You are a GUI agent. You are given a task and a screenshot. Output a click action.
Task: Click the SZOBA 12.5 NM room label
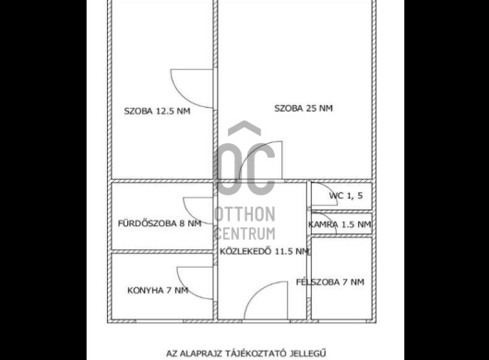tap(157, 111)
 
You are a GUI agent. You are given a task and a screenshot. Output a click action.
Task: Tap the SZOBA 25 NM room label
tap(304, 108)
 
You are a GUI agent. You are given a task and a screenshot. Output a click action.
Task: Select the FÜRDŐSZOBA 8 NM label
tap(160, 223)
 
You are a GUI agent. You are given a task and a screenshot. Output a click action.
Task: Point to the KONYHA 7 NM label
tap(158, 291)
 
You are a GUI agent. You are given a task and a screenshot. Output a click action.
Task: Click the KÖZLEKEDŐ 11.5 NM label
tap(264, 251)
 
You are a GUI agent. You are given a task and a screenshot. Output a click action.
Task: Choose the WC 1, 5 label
tap(346, 196)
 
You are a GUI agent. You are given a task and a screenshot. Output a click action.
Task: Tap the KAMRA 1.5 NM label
tap(340, 224)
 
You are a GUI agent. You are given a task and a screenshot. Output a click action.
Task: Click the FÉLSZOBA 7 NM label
tap(330, 282)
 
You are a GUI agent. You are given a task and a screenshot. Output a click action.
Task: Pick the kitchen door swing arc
tap(185, 289)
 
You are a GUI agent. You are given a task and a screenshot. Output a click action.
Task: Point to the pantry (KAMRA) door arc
tap(330, 220)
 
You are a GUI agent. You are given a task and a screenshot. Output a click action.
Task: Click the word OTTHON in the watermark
tap(244, 214)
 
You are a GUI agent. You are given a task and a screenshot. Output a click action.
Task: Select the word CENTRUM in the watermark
tap(245, 234)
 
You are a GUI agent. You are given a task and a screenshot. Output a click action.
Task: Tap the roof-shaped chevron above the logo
tap(244, 128)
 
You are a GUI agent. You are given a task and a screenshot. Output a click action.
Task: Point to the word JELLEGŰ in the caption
tap(308, 354)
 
